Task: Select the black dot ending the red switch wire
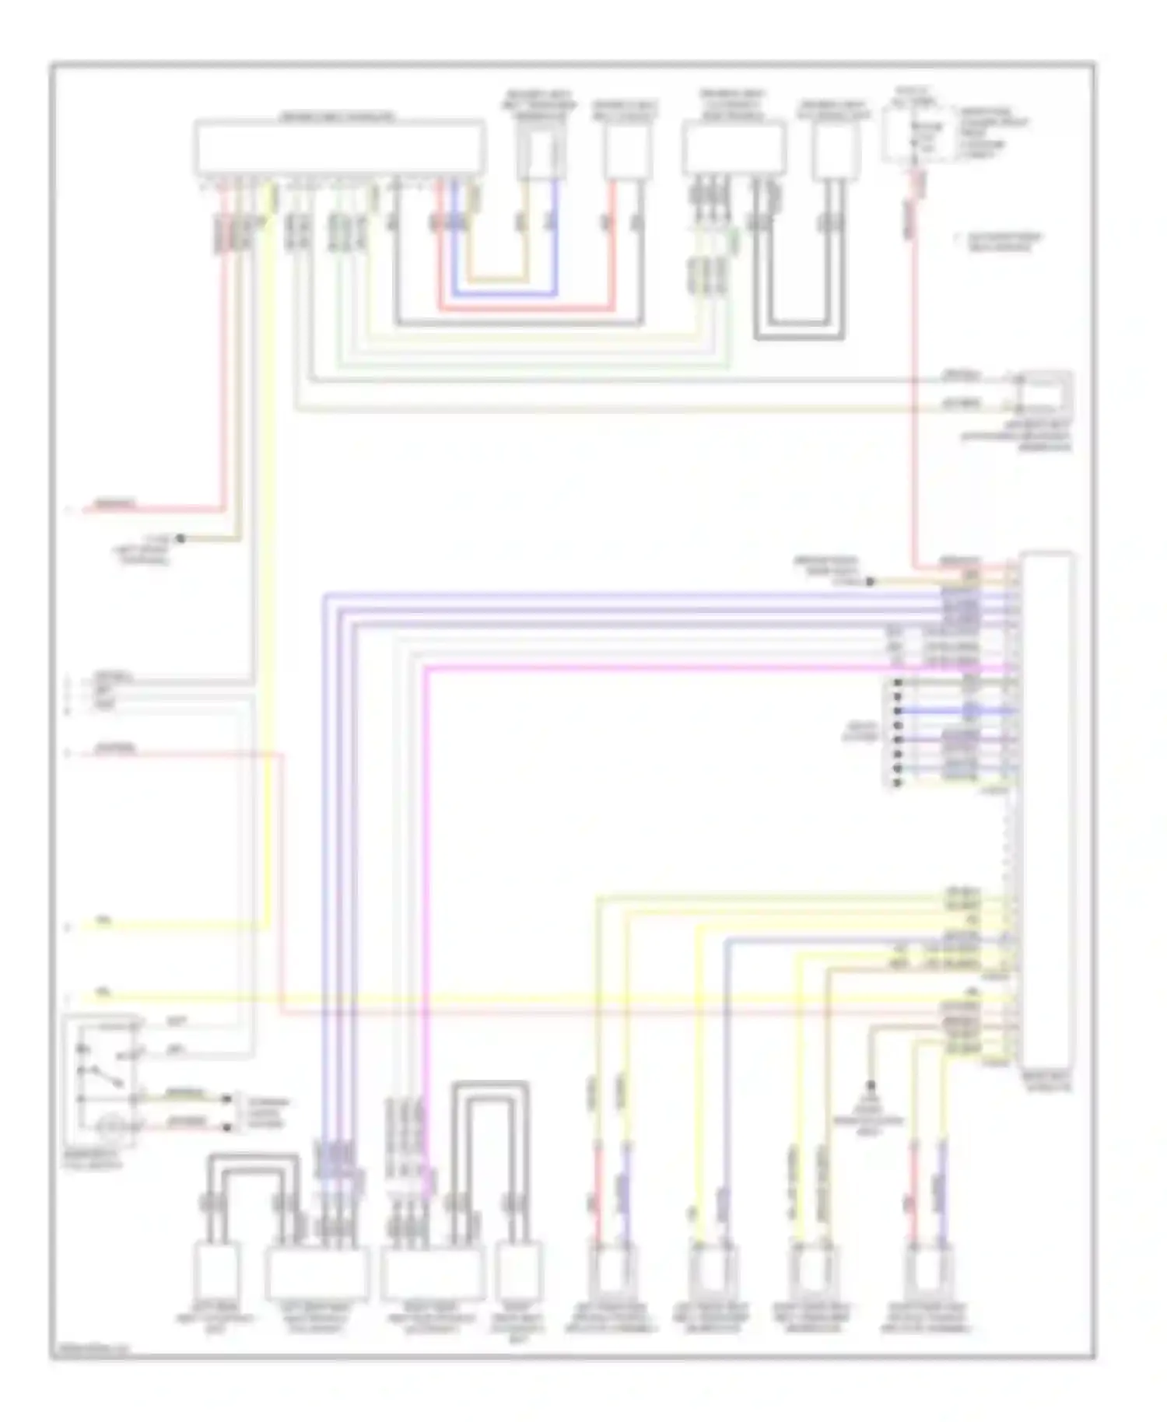(227, 1127)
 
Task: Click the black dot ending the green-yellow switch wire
(227, 1098)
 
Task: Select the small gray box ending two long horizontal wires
(1046, 393)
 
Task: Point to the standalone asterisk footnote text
(999, 242)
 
